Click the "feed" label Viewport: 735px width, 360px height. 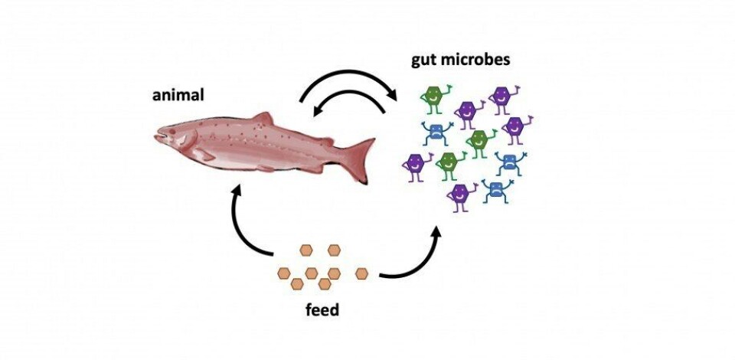click(322, 311)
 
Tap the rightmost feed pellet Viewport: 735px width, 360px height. click(363, 272)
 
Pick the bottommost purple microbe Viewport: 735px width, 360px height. click(459, 195)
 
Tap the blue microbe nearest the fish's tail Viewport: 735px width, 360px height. click(436, 132)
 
